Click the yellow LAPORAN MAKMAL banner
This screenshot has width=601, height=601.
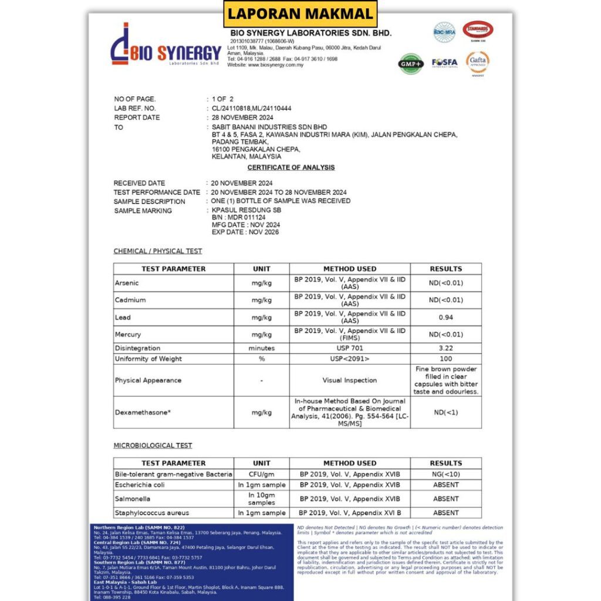coord(300,13)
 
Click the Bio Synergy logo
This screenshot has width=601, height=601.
coord(166,45)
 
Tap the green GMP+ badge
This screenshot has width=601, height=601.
coord(410,63)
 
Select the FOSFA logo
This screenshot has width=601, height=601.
coord(444,62)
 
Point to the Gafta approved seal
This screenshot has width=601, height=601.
coord(478,62)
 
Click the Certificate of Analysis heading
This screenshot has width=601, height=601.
coord(291,168)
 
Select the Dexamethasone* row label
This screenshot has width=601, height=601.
coord(143,413)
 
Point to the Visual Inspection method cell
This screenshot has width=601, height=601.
coord(350,380)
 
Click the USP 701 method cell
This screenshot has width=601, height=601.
coord(350,348)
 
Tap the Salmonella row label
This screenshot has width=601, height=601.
coord(133,499)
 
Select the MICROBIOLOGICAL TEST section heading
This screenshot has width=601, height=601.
coord(153,445)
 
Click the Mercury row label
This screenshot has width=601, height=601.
coord(128,335)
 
